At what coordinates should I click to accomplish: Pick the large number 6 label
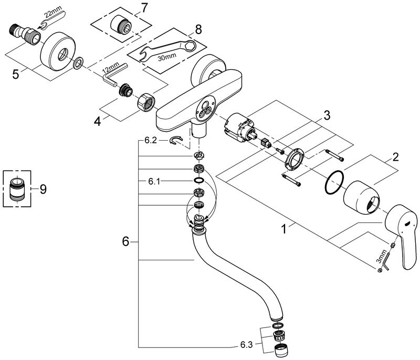(125, 242)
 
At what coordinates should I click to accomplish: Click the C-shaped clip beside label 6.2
(177, 140)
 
